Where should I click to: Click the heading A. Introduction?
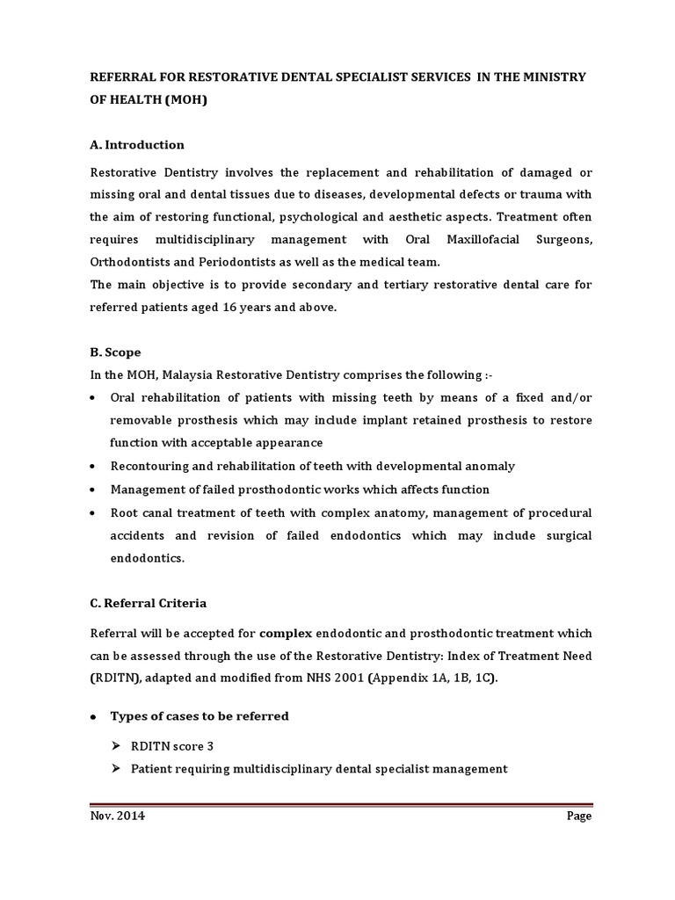(x=137, y=145)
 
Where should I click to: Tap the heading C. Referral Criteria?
(x=149, y=604)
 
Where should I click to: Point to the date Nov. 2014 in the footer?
(x=118, y=816)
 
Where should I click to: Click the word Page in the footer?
(x=578, y=816)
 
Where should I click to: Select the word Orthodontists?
(x=132, y=262)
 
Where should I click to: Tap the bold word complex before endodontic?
(x=287, y=633)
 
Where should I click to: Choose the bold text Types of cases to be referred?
(x=200, y=716)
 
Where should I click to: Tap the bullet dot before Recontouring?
(x=94, y=467)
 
